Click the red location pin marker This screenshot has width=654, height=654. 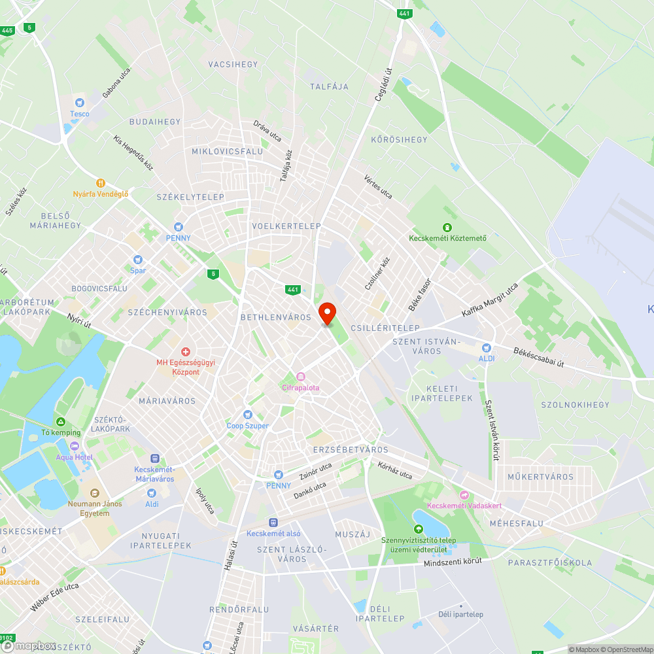(326, 313)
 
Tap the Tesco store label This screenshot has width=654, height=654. (80, 114)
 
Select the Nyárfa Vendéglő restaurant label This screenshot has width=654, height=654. (101, 194)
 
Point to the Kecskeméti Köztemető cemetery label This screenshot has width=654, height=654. (447, 237)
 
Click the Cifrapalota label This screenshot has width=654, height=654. (301, 387)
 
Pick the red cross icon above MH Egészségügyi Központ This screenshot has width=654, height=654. (186, 353)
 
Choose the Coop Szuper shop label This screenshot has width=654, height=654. (247, 425)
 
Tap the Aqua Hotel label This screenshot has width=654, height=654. (74, 456)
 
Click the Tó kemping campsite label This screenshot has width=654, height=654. (61, 432)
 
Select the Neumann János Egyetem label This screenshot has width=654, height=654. (89, 508)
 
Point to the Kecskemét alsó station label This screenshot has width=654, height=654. (273, 532)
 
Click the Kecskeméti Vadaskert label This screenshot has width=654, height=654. (464, 505)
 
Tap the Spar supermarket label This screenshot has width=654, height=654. (138, 270)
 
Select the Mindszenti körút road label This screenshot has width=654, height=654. (453, 561)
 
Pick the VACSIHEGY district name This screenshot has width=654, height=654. (233, 64)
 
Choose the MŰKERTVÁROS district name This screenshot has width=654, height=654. (540, 477)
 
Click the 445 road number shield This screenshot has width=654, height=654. (8, 30)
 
